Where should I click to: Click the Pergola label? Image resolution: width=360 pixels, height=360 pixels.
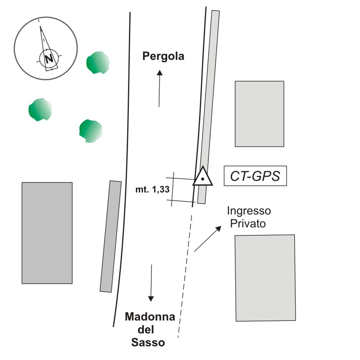(x=163, y=56)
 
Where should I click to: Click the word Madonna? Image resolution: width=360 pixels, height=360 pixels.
(x=150, y=318)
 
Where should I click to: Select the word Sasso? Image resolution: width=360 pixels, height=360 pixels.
(x=148, y=343)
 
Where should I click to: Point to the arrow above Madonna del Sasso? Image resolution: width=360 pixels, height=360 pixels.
(x=151, y=283)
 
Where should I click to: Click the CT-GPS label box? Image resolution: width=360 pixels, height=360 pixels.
(x=255, y=176)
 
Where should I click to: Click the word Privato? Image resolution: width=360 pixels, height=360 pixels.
(x=248, y=223)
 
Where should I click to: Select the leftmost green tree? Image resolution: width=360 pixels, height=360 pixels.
(x=40, y=109)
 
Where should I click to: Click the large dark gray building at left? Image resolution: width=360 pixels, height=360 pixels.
(x=47, y=233)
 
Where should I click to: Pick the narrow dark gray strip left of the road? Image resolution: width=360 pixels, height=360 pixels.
(x=111, y=236)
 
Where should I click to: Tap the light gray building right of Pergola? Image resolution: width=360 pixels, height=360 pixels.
(x=259, y=113)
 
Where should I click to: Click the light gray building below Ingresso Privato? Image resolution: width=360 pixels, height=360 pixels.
(x=266, y=277)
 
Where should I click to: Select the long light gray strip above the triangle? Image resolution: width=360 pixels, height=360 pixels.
(x=209, y=91)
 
